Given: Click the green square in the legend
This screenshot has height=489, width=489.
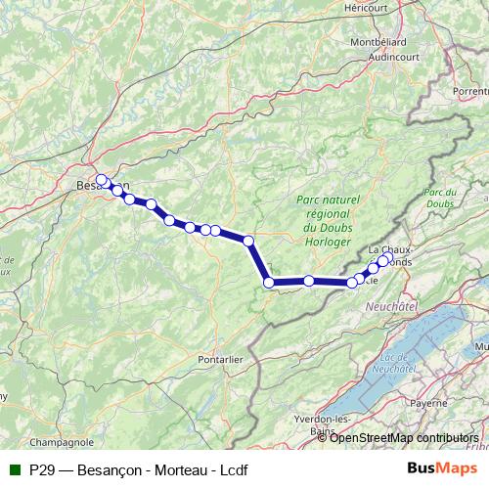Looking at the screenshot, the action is [14, 470].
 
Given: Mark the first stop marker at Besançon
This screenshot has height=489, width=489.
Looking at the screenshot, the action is [101, 180].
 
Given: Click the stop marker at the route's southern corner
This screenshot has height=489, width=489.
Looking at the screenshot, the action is [269, 283].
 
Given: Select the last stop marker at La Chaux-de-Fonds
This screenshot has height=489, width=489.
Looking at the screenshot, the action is [386, 258].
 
